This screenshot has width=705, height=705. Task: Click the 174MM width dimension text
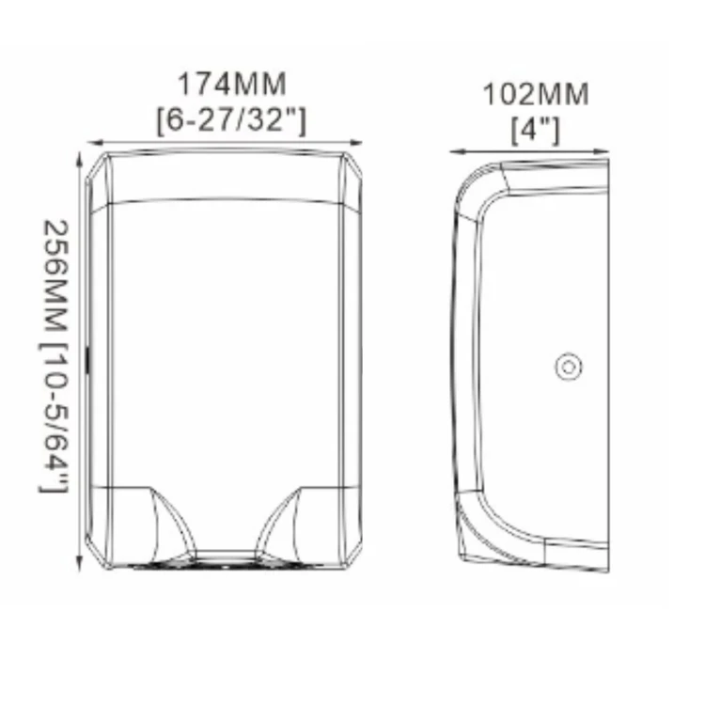click(232, 84)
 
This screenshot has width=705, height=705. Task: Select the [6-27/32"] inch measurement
click(231, 120)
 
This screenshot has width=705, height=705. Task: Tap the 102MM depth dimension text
click(536, 94)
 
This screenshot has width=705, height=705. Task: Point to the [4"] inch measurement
click(536, 131)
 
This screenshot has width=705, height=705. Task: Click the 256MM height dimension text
click(56, 281)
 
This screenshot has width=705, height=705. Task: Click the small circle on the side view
click(569, 367)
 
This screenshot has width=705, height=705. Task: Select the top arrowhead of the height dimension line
click(80, 160)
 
